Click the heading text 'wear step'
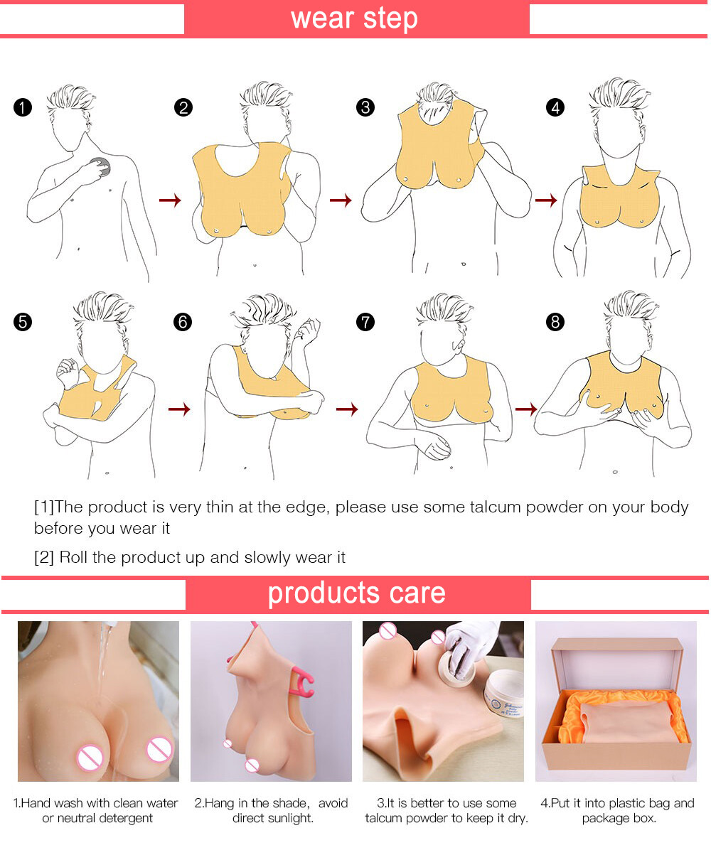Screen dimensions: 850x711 coord(354,18)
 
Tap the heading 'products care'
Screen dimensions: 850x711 coord(356,593)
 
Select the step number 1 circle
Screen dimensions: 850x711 coord(23,108)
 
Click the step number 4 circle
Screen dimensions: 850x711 coord(555,108)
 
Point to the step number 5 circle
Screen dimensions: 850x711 coord(23,322)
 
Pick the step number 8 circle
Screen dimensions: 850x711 coord(555,322)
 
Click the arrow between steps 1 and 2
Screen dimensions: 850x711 coord(169,201)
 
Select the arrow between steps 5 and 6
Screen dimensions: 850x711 coord(179,409)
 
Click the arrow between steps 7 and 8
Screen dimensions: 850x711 coord(526,409)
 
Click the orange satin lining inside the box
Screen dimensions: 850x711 coord(569,718)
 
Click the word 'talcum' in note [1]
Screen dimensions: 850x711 coord(511,507)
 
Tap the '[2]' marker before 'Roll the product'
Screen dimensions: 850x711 coord(44,557)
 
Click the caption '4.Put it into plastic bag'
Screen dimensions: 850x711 coord(617,803)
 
